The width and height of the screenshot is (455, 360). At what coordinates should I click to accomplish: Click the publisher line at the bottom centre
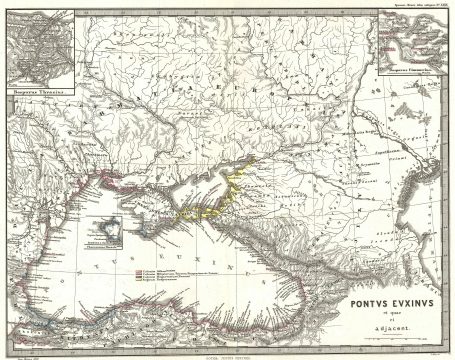(x=228, y=354)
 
